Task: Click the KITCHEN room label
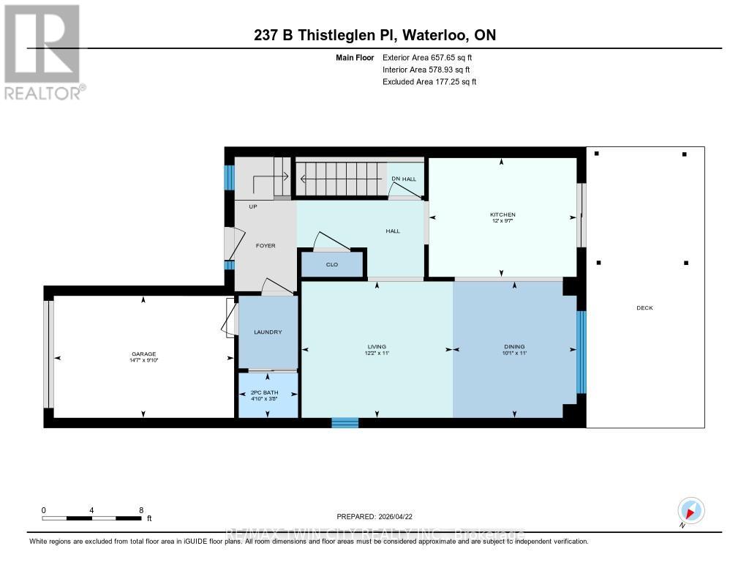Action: (503, 214)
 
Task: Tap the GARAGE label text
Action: (144, 354)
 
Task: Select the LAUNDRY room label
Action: (268, 332)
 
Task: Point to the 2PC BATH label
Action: (268, 392)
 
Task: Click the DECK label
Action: (644, 308)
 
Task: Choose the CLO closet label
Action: (331, 264)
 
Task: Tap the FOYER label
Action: (266, 246)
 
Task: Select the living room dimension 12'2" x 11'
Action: (377, 354)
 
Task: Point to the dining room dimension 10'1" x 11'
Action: (514, 354)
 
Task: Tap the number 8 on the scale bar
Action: (140, 509)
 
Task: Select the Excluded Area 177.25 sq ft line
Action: (429, 82)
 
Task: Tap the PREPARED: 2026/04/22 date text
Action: (379, 516)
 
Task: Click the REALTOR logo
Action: (44, 51)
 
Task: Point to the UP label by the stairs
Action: (253, 206)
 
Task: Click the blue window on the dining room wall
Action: (581, 352)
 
